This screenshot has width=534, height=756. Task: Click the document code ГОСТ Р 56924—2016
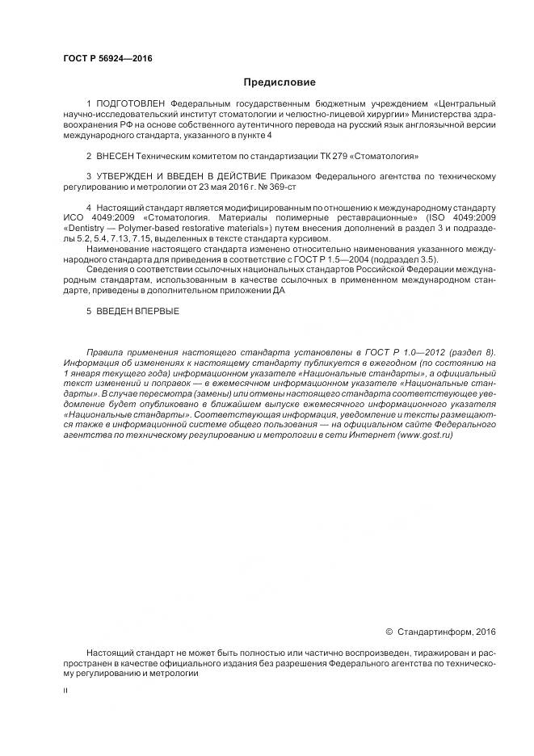point(107,59)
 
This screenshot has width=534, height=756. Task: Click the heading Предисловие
point(280,82)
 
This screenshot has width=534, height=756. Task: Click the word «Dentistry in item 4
point(84,229)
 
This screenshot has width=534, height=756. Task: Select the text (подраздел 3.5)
point(409,259)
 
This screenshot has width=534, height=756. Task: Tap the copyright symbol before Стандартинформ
point(389,631)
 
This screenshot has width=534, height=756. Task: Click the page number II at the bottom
point(65,692)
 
